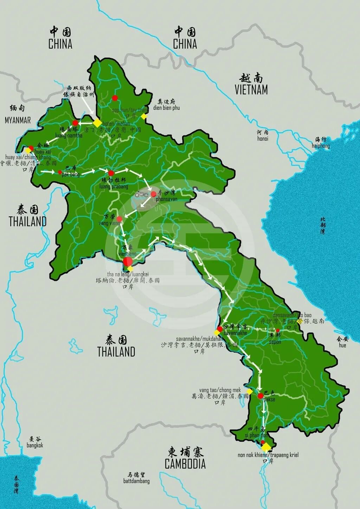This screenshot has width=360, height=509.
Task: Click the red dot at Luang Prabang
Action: tap(111, 173)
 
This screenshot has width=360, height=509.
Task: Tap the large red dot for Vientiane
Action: tap(128, 262)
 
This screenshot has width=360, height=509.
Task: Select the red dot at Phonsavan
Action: tap(153, 194)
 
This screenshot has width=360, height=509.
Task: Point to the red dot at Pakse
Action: tap(261, 396)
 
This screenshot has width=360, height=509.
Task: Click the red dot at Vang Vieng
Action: tap(119, 219)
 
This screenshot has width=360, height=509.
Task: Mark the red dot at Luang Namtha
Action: tap(75, 123)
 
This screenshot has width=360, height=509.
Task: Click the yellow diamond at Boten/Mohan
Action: tap(97, 123)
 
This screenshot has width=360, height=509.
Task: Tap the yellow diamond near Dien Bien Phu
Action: tap(143, 116)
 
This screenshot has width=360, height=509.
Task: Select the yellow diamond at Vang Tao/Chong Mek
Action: tap(249, 391)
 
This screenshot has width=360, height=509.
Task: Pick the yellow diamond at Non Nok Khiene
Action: tap(266, 447)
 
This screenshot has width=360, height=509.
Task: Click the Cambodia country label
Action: tap(185, 464)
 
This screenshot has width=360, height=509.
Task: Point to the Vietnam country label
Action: tap(251, 90)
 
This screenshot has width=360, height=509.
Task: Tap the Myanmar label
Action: tap(18, 120)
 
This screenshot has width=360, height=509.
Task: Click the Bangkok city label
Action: tap(35, 445)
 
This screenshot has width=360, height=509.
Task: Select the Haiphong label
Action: tap(321, 146)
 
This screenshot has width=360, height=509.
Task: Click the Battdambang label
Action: tap(136, 481)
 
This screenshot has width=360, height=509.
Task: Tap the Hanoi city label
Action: tap(262, 138)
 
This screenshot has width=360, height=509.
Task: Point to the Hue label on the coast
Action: tap(342, 345)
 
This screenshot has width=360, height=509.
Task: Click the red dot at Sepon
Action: tap(277, 330)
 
